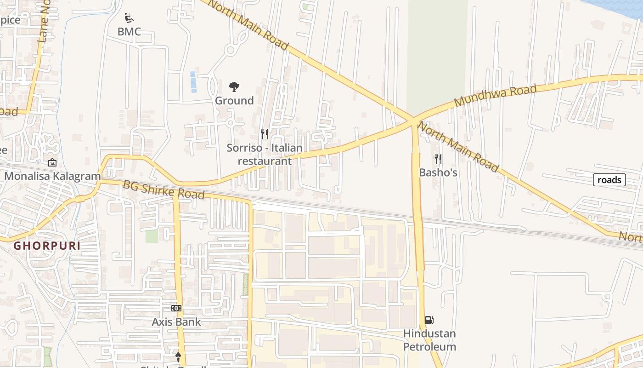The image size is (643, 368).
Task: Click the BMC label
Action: [x=129, y=32]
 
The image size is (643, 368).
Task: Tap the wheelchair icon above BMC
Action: [x=130, y=18]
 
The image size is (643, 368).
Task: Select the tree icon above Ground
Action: [x=234, y=86]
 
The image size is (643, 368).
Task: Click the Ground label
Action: [x=234, y=101]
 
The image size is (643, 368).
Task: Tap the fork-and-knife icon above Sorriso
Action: [x=265, y=134]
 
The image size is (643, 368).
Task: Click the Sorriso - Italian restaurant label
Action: [x=265, y=155]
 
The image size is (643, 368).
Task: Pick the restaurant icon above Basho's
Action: [x=438, y=159]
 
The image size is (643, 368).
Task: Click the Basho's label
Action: [x=438, y=172]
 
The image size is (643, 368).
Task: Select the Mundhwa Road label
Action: [x=495, y=96]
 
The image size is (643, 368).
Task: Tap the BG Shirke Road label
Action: [x=164, y=190]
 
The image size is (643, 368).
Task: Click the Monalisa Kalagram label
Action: [x=52, y=176]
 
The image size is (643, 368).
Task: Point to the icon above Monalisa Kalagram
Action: [x=52, y=162]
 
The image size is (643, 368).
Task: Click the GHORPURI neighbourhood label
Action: [x=47, y=246]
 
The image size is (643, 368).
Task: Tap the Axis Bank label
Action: [x=176, y=322]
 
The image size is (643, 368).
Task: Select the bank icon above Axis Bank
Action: [x=176, y=308]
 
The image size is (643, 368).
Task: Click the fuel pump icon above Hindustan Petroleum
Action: [x=429, y=320]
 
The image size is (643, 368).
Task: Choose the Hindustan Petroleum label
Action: [x=429, y=340]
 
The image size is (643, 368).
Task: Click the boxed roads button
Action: [x=609, y=180]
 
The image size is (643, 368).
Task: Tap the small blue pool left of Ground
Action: [x=193, y=82]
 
